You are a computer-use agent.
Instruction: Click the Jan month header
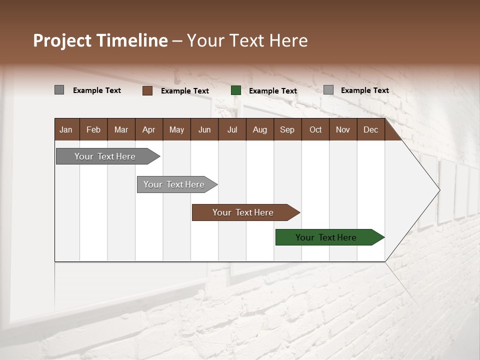click(66, 129)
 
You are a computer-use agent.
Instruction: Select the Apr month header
click(148, 129)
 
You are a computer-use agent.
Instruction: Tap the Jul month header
click(232, 129)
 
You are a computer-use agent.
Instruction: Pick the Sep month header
click(287, 129)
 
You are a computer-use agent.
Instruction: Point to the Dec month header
click(370, 129)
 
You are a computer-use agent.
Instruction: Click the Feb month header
click(93, 129)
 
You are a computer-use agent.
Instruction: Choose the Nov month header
click(342, 129)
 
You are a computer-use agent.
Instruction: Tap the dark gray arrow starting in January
click(105, 156)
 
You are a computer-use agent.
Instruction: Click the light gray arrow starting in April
click(174, 184)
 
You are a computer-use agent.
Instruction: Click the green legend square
click(236, 90)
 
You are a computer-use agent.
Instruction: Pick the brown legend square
click(147, 90)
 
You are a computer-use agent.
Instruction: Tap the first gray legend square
click(59, 90)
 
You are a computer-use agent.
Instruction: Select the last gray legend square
click(328, 90)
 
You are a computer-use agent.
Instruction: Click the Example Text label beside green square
click(272, 91)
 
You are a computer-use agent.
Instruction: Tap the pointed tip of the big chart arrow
click(438, 190)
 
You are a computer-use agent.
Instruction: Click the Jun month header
click(204, 129)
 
